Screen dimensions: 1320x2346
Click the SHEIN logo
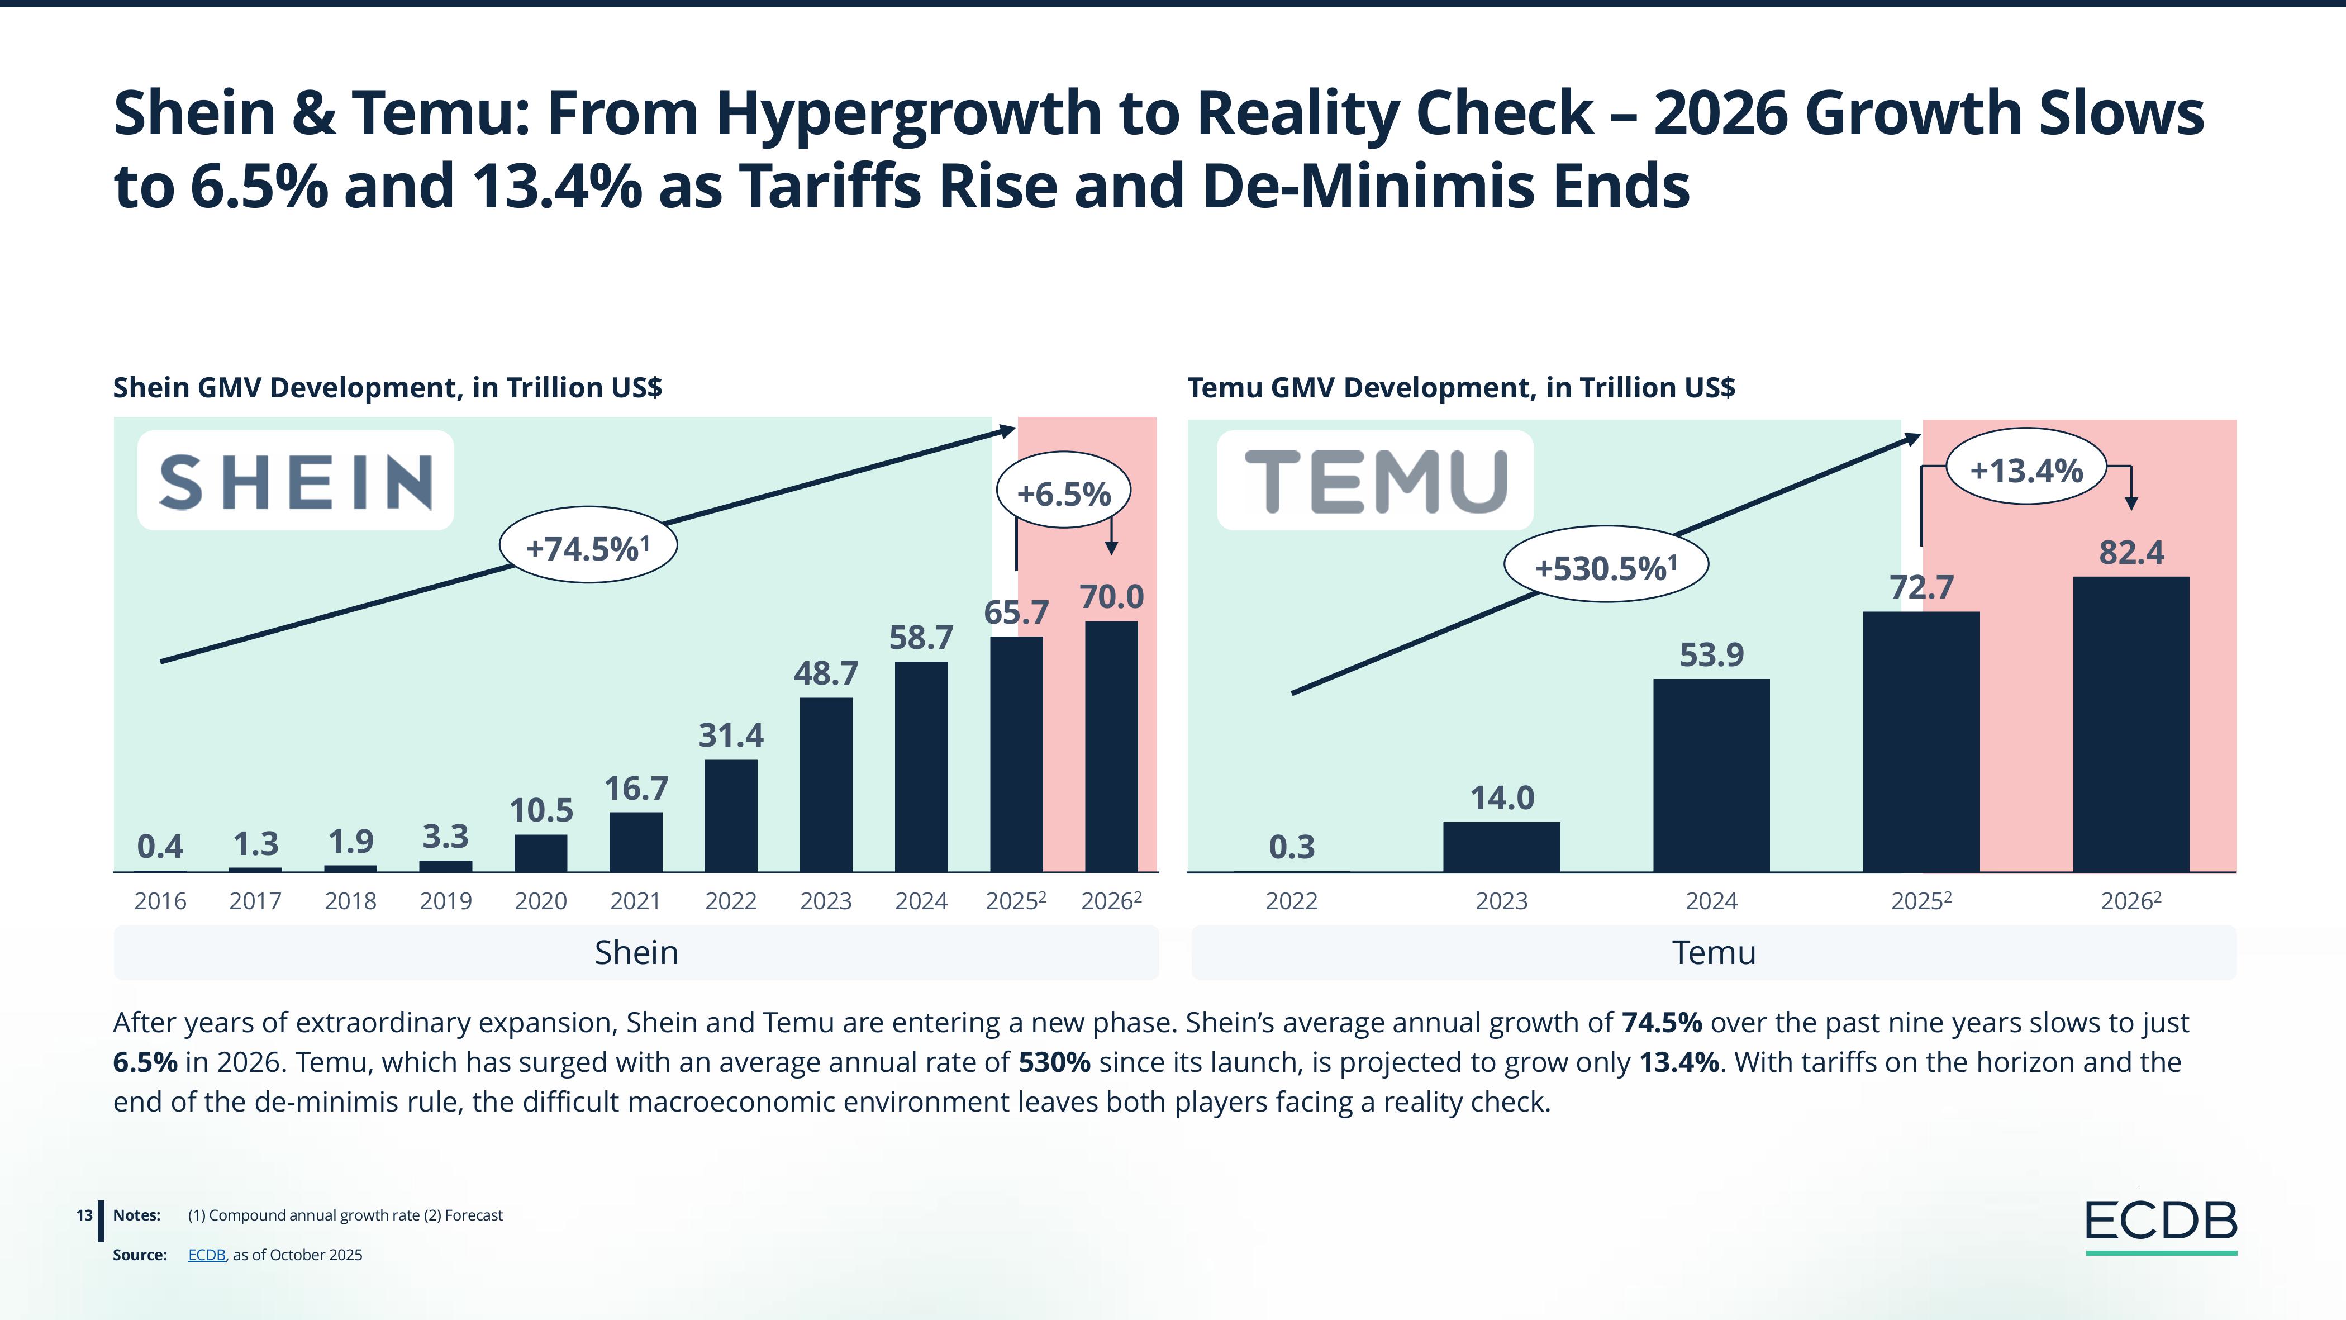click(x=295, y=481)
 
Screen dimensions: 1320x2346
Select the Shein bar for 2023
click(x=826, y=785)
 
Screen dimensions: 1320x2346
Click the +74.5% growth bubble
click(x=588, y=547)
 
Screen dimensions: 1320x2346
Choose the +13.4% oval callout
click(x=2026, y=470)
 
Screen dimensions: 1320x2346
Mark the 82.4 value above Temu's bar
click(x=2131, y=553)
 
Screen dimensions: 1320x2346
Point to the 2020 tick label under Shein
click(x=540, y=901)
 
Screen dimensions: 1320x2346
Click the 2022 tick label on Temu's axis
click(x=1291, y=901)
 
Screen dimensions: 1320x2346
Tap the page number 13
click(x=84, y=1215)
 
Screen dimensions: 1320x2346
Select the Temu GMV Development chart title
click(x=1461, y=387)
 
